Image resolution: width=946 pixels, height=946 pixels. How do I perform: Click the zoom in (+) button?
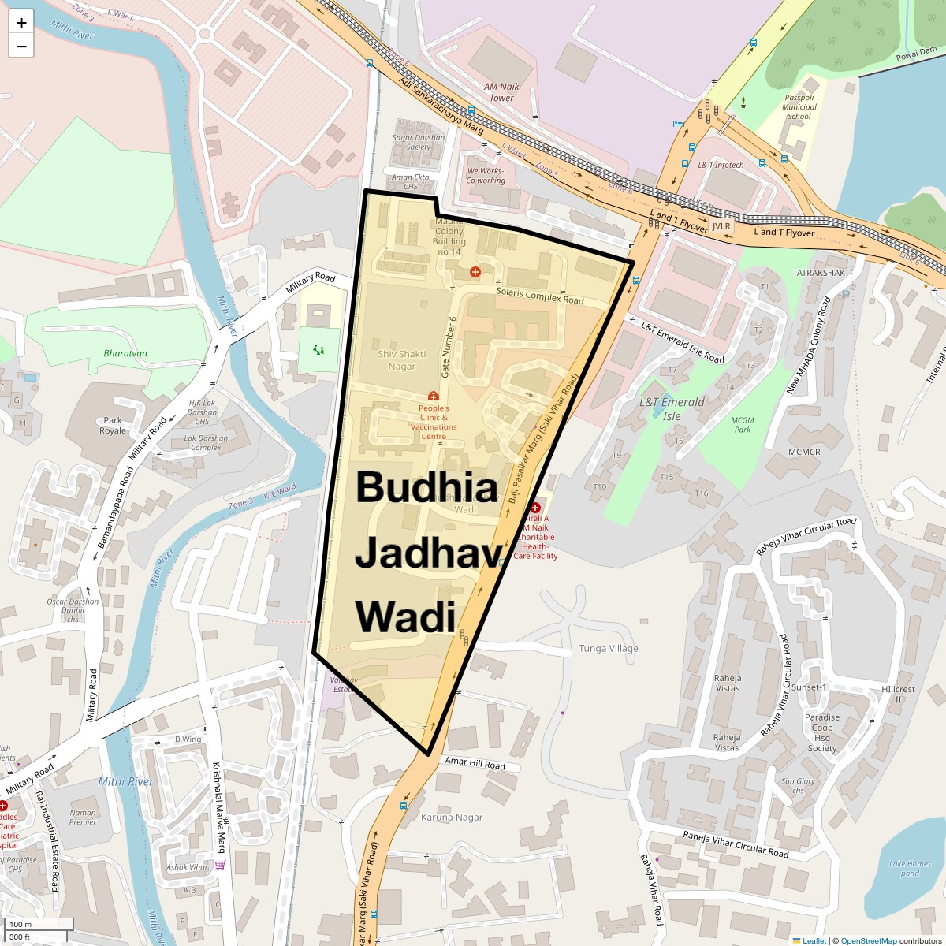pyautogui.click(x=21, y=22)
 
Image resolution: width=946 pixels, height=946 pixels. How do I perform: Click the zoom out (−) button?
pyautogui.click(x=21, y=46)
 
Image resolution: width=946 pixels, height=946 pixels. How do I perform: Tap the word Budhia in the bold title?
pyautogui.click(x=426, y=487)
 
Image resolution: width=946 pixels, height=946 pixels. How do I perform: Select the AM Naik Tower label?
pyautogui.click(x=501, y=92)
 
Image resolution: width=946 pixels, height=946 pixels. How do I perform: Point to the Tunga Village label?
pyautogui.click(x=609, y=649)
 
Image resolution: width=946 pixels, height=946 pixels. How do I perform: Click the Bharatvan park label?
pyautogui.click(x=125, y=353)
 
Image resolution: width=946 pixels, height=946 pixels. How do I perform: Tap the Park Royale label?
pyautogui.click(x=113, y=426)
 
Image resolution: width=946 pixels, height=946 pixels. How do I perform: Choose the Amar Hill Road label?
pyautogui.click(x=475, y=763)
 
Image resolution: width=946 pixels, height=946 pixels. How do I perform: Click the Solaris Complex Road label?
pyautogui.click(x=540, y=296)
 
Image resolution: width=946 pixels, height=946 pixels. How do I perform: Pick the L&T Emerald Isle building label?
pyautogui.click(x=672, y=408)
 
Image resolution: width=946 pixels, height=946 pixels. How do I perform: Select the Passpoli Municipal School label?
pyautogui.click(x=799, y=107)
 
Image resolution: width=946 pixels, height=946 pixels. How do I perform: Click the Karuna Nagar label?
pyautogui.click(x=452, y=818)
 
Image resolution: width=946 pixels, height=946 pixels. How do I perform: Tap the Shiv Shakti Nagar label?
pyautogui.click(x=401, y=360)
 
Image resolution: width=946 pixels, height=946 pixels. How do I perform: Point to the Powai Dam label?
pyautogui.click(x=916, y=54)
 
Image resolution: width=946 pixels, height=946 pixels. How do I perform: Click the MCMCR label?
pyautogui.click(x=804, y=452)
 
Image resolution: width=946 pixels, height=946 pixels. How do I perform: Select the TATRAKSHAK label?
pyautogui.click(x=818, y=273)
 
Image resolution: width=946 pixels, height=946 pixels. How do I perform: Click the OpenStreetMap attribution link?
pyautogui.click(x=868, y=940)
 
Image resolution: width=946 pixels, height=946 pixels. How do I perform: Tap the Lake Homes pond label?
pyautogui.click(x=910, y=868)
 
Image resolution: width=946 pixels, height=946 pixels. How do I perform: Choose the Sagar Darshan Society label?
pyautogui.click(x=419, y=142)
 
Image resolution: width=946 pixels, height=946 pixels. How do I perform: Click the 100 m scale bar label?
pyautogui.click(x=20, y=925)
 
